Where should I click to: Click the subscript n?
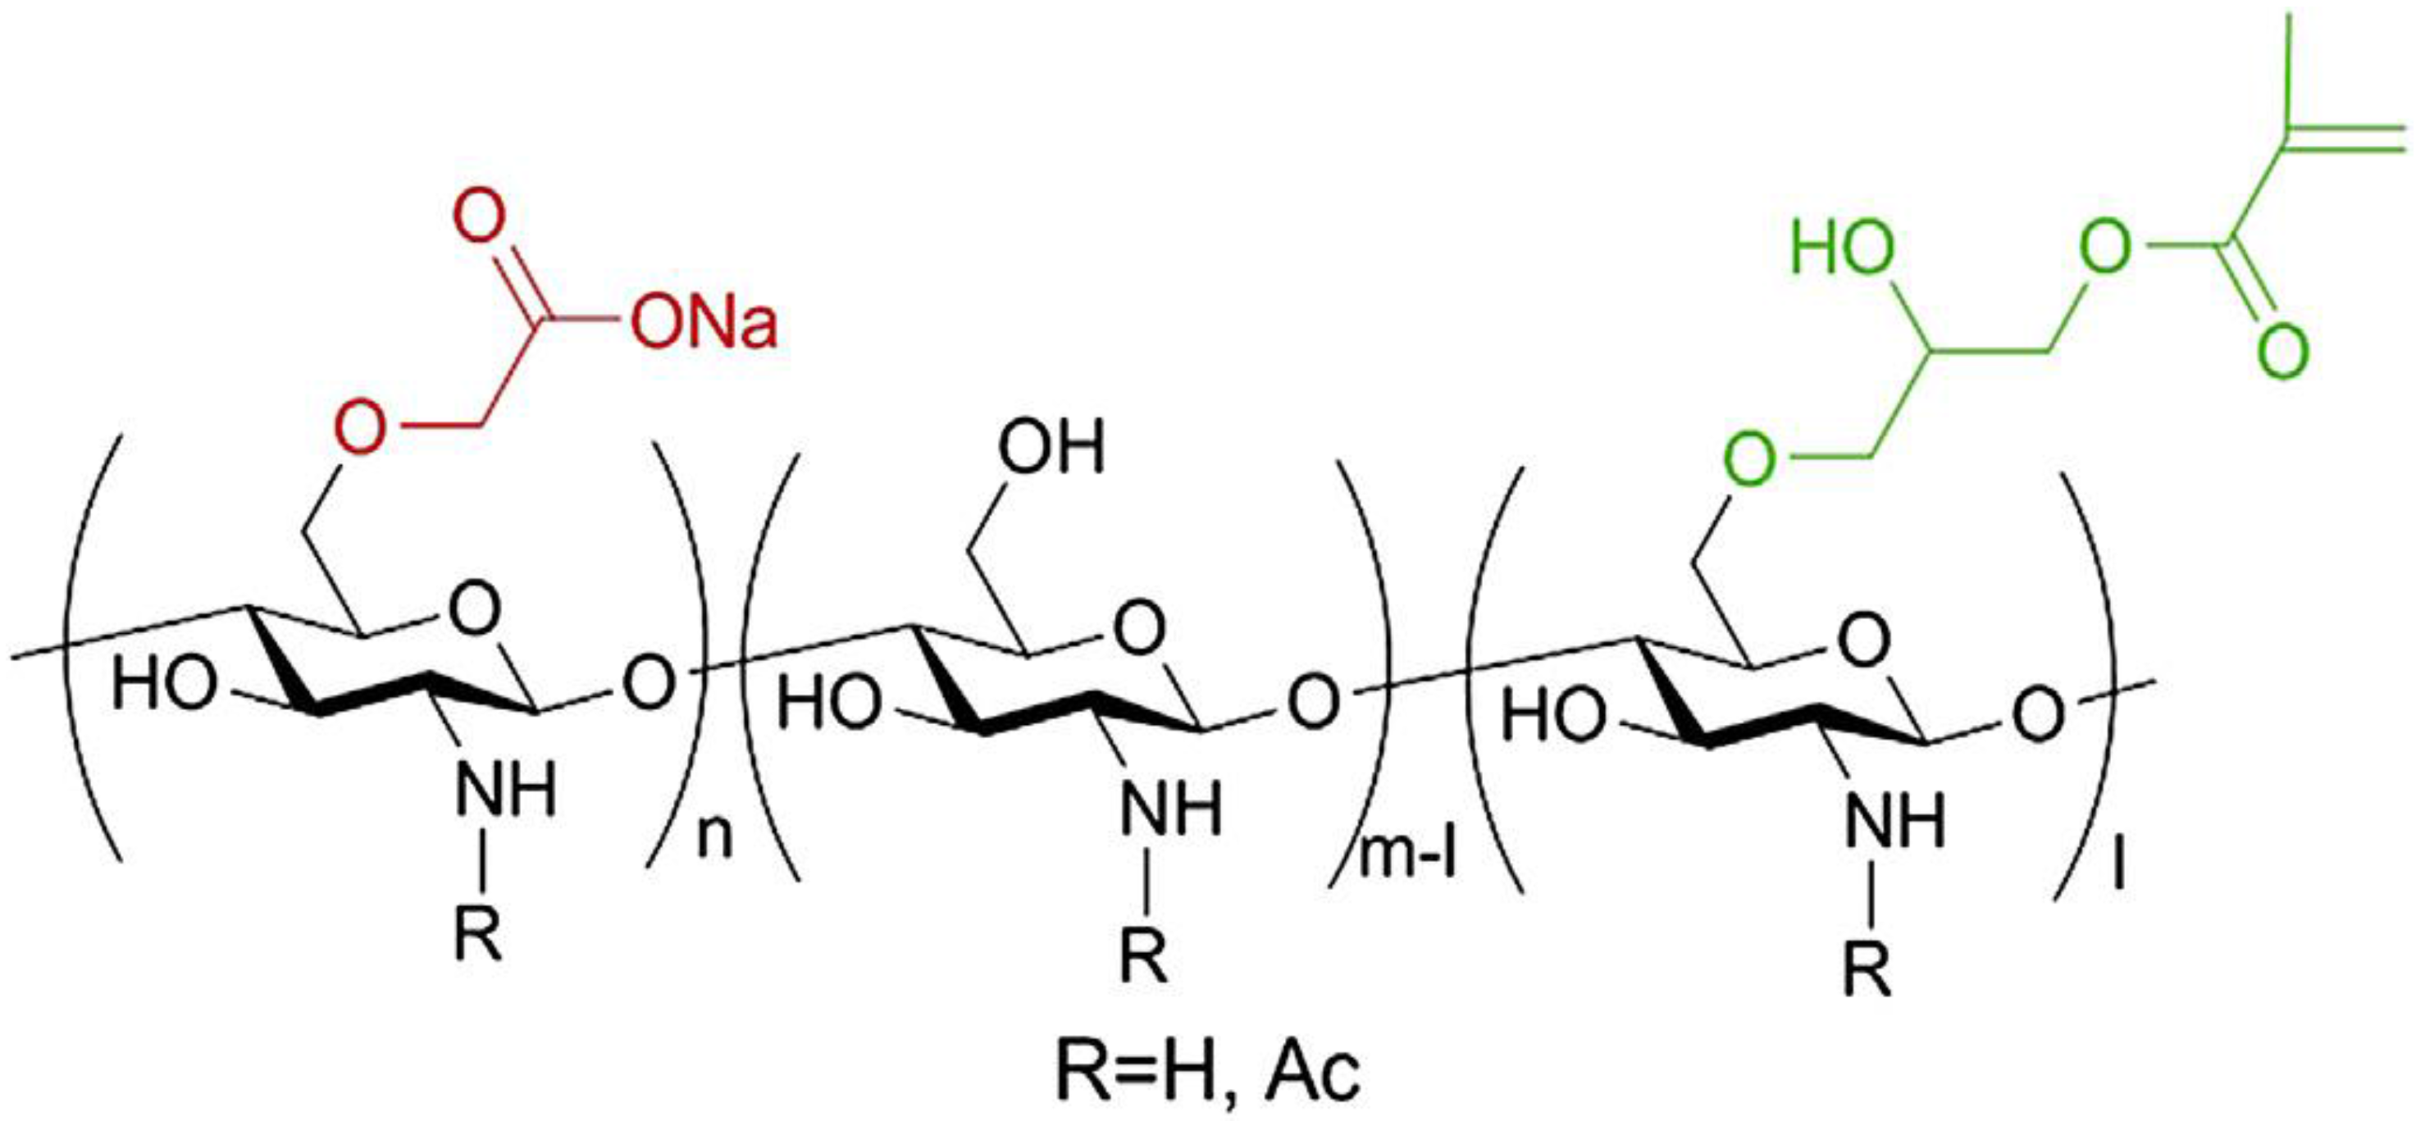pyautogui.click(x=714, y=838)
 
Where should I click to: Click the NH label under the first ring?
pyautogui.click(x=507, y=790)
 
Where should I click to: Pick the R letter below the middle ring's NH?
pyautogui.click(x=1145, y=957)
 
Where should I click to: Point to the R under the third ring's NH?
pyautogui.click(x=1867, y=973)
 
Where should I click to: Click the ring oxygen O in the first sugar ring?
pyautogui.click(x=475, y=608)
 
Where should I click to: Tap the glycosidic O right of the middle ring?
pyautogui.click(x=1313, y=704)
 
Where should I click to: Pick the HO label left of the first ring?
pyautogui.click(x=162, y=684)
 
